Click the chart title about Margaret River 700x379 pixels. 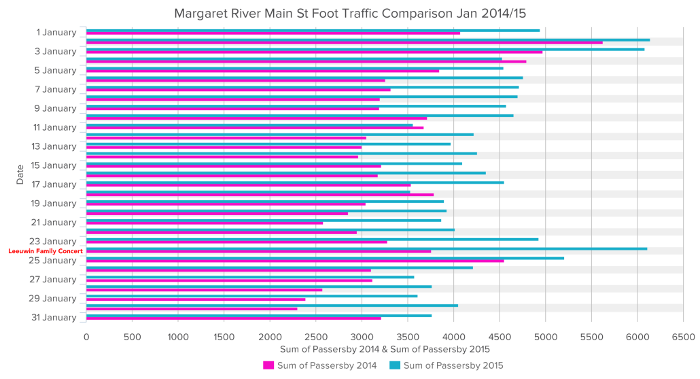click(x=349, y=13)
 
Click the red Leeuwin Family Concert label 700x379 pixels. click(x=46, y=251)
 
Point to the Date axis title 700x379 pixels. click(x=20, y=174)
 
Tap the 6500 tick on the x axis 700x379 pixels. click(x=682, y=336)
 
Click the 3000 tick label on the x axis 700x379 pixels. click(x=362, y=336)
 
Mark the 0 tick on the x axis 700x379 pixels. click(x=86, y=336)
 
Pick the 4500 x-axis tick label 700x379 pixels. click(x=500, y=336)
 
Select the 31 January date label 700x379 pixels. click(x=54, y=317)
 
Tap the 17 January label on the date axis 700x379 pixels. click(x=54, y=184)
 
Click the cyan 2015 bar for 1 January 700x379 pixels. click(x=313, y=30)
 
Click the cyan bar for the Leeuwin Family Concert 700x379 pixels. click(x=366, y=248)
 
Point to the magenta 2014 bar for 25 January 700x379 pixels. click(x=295, y=261)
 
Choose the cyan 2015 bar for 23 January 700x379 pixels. click(x=312, y=239)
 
